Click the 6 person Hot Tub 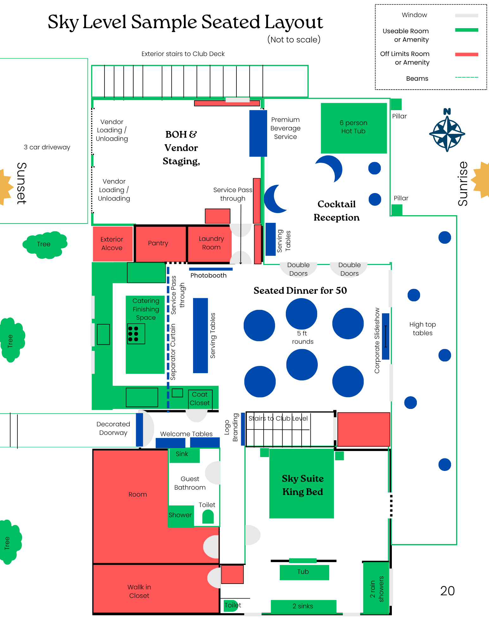[x=354, y=128]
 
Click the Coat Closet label [x=200, y=399]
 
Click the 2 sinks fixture [x=303, y=606]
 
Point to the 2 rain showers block [x=376, y=588]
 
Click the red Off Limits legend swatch [x=466, y=54]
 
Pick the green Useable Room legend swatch [x=466, y=30]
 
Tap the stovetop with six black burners [x=136, y=334]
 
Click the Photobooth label [x=208, y=275]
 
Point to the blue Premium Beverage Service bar [x=258, y=133]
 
